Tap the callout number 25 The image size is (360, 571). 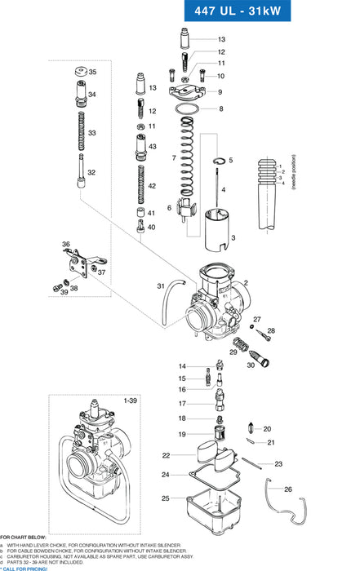click(x=166, y=498)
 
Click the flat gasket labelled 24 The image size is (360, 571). click(x=214, y=475)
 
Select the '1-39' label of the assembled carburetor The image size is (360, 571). click(x=131, y=401)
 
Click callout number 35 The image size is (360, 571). click(x=92, y=73)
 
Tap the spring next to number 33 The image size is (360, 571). click(x=81, y=132)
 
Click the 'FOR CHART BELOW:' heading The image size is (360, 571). click(x=24, y=538)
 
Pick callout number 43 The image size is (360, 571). click(x=152, y=145)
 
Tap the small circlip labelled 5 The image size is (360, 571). click(x=218, y=160)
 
